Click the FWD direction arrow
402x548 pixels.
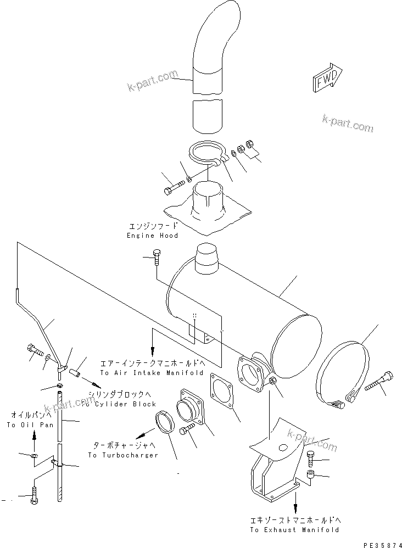point(328,80)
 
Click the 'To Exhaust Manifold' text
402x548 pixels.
point(294,530)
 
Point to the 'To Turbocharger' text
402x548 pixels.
point(123,455)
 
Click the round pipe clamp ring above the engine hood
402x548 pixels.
point(205,153)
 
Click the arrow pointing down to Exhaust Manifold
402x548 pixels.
point(295,503)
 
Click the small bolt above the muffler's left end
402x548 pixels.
point(156,255)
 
